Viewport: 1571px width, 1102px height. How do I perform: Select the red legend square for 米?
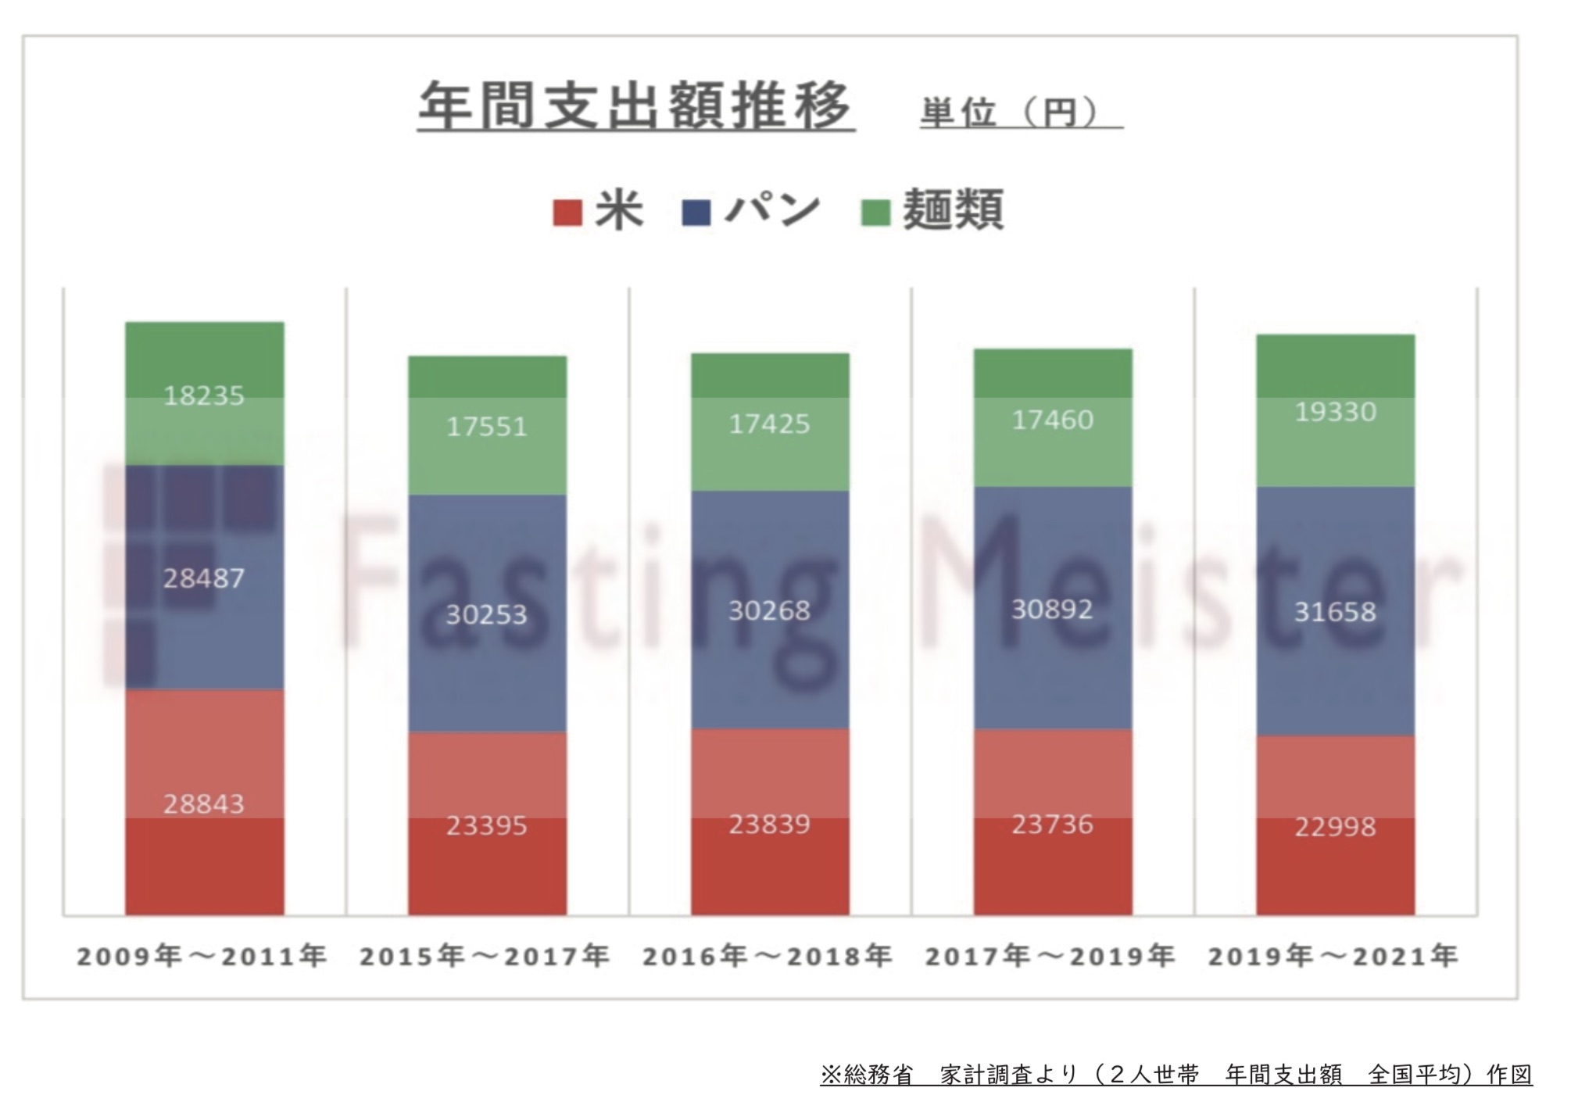click(567, 213)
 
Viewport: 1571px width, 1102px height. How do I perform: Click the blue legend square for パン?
click(696, 213)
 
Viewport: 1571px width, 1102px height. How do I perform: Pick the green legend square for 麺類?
click(875, 213)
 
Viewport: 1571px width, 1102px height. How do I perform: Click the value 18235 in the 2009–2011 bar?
click(204, 396)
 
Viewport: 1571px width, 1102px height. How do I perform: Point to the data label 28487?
click(204, 578)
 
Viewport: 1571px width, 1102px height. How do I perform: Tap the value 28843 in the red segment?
click(204, 803)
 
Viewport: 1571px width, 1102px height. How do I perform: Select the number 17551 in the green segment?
click(487, 427)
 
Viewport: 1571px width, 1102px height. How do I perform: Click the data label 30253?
click(487, 615)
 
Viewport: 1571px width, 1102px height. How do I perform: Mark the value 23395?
click(487, 825)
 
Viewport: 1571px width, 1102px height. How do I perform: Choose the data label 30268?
click(770, 610)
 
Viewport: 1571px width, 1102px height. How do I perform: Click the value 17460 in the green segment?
click(1053, 420)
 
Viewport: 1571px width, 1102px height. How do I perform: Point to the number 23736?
click(1053, 825)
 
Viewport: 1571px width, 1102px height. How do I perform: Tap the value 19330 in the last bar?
click(1336, 412)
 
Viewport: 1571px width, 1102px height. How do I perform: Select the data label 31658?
click(1336, 611)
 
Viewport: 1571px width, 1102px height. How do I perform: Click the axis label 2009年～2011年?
click(202, 956)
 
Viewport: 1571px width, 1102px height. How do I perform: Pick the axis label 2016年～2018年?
click(768, 956)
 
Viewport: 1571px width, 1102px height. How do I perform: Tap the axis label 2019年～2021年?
click(1333, 956)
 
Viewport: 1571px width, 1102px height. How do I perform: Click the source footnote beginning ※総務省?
click(1176, 1075)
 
